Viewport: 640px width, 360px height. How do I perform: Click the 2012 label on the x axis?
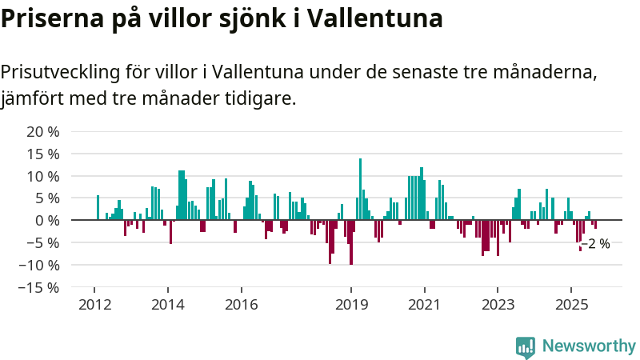pos(94,305)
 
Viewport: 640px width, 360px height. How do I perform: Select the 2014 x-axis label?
pos(168,305)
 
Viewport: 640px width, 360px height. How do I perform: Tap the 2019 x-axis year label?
pos(351,305)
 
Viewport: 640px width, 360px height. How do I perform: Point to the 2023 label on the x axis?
pos(498,305)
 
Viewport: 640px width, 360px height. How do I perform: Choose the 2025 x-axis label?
pos(571,305)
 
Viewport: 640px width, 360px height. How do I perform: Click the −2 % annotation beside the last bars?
pos(596,244)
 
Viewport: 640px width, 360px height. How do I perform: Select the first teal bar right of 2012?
pos(98,208)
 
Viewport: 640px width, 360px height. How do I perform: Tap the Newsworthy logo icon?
pos(526,346)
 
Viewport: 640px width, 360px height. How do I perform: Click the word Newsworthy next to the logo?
pos(589,346)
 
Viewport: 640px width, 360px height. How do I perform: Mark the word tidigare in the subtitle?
pos(262,99)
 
